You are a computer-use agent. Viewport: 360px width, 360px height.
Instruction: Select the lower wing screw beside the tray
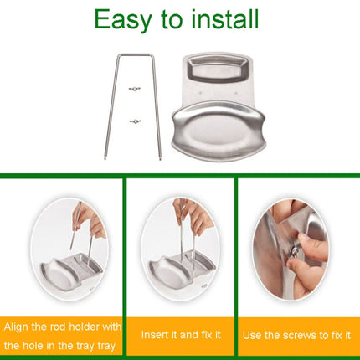(x=133, y=122)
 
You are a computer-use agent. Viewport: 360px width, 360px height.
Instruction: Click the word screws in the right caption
(x=292, y=335)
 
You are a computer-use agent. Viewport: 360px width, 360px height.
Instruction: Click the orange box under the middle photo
(x=180, y=335)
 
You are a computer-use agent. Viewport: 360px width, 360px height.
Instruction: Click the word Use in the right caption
(x=251, y=335)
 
